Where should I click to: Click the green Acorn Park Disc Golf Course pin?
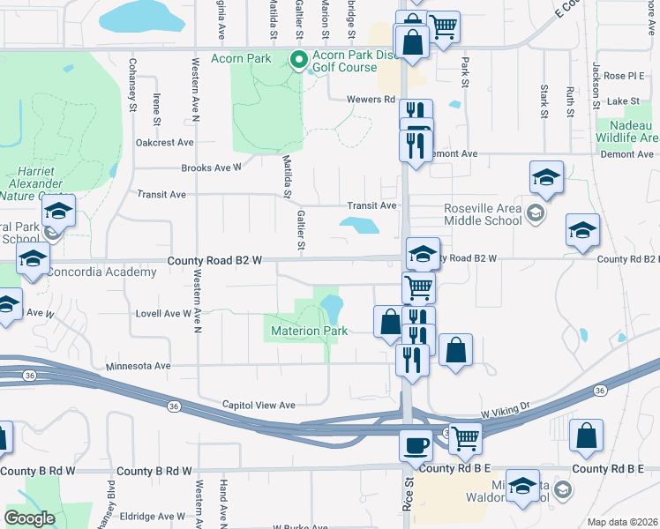298,60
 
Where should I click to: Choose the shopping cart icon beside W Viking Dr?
466,436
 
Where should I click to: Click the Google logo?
29,518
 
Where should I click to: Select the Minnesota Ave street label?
138,365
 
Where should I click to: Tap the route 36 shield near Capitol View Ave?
173,406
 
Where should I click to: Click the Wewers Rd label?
370,100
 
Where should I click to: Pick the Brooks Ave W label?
211,168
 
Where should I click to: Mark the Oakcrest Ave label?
164,142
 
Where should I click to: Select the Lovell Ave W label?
163,313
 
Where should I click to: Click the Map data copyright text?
623,522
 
